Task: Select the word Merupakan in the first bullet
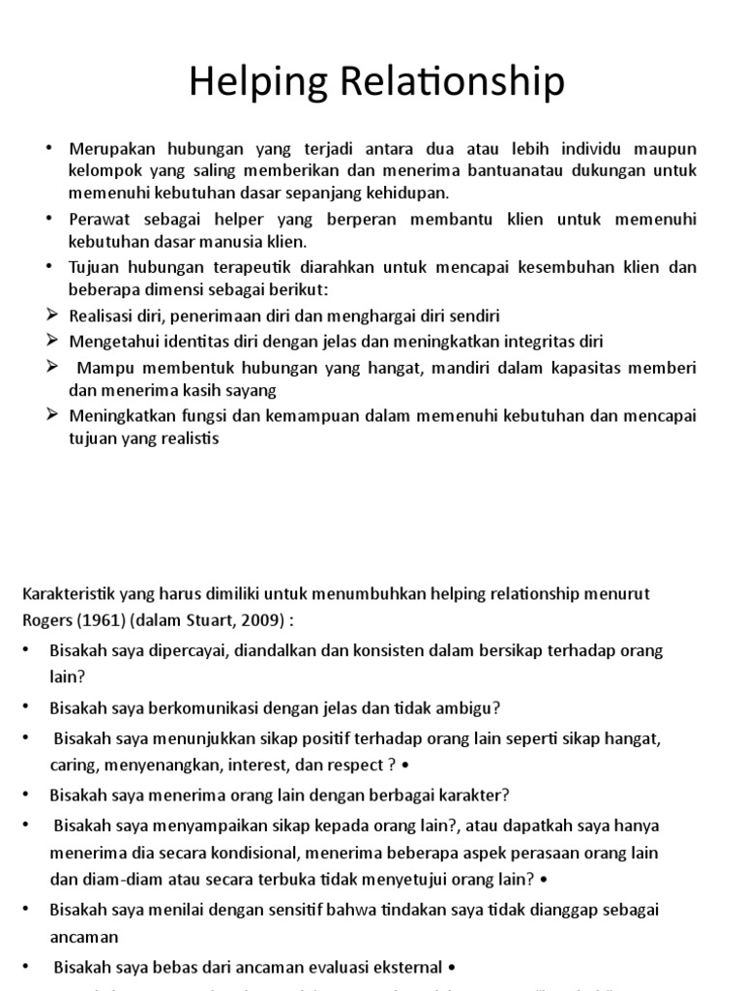108,149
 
